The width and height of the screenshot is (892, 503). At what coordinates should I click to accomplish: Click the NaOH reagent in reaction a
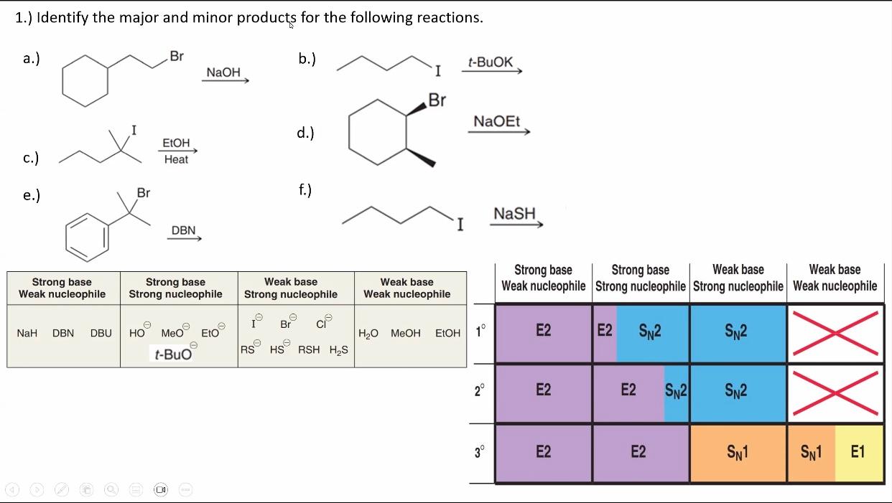coord(223,72)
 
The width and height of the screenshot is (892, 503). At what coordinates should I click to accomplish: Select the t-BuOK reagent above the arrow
coord(491,62)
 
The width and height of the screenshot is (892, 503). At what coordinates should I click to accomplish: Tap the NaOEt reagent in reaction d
coord(497,122)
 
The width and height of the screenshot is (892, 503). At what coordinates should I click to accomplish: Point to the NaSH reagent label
coord(515,214)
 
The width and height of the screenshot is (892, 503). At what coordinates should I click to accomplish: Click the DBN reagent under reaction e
coord(183,230)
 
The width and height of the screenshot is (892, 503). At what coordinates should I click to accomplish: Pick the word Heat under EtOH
coord(176,159)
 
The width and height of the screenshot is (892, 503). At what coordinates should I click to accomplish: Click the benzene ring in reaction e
coord(88,235)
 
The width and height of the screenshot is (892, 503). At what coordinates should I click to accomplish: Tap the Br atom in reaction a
coord(176,57)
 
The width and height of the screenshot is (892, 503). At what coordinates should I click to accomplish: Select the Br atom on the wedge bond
coord(437,100)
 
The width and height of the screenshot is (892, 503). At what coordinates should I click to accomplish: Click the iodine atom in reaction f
coord(460,225)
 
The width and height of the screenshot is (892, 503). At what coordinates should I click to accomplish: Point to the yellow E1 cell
coord(858,451)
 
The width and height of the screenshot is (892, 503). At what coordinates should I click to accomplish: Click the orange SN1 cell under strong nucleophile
coord(738,453)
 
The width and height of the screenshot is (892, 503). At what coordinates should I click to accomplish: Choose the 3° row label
coord(480,452)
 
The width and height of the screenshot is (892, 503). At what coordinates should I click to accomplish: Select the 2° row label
coord(480,391)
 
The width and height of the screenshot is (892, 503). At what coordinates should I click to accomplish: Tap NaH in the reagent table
coord(27,333)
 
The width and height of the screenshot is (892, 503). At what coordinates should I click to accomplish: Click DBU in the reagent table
coord(101,333)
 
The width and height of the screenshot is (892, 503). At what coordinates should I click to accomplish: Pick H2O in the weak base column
coord(369,333)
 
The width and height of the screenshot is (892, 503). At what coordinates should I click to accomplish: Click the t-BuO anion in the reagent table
coord(173,353)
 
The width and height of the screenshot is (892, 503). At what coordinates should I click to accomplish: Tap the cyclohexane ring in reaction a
coord(85,80)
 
